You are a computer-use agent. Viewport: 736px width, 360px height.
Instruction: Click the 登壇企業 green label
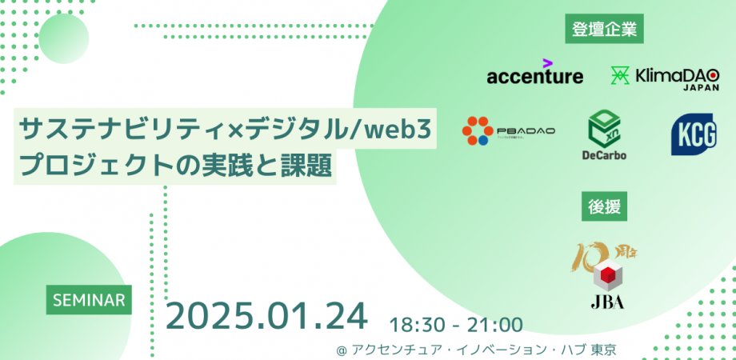point(604,30)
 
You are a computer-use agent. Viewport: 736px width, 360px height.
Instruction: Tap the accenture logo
point(534,76)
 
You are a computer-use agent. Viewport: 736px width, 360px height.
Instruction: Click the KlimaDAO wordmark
point(676,75)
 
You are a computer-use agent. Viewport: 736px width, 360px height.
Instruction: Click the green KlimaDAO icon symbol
point(619,76)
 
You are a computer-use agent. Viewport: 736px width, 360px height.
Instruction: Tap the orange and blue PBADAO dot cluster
point(478,130)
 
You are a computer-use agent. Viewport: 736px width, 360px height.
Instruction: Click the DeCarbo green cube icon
point(605,126)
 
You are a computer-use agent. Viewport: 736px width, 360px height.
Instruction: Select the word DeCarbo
point(605,154)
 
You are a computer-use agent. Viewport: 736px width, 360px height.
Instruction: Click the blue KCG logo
point(693,134)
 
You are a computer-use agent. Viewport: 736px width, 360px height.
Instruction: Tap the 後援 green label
point(604,206)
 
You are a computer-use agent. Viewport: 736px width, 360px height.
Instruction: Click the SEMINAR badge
point(89,300)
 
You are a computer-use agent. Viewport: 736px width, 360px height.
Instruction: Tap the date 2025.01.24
point(266,317)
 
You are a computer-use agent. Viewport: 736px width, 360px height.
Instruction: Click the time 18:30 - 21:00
point(456,325)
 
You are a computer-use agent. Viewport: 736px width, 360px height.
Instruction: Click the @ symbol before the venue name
point(342,350)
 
